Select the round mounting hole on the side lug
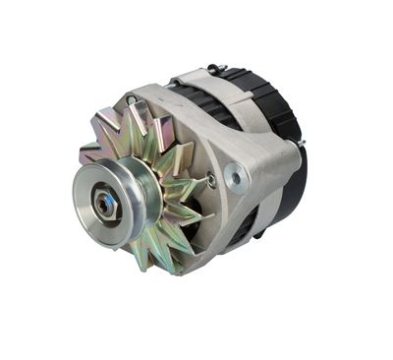(236, 177)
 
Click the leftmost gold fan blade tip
(88, 152)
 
